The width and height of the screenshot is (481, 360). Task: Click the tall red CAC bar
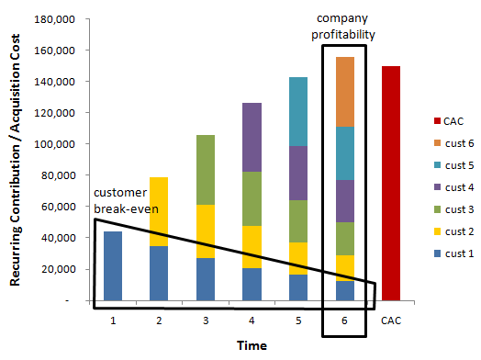pos(391,184)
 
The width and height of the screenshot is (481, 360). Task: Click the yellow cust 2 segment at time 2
pos(158,211)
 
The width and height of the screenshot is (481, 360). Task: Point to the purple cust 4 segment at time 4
pos(252,138)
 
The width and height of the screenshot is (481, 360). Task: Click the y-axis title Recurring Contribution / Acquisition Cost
pos(17,163)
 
